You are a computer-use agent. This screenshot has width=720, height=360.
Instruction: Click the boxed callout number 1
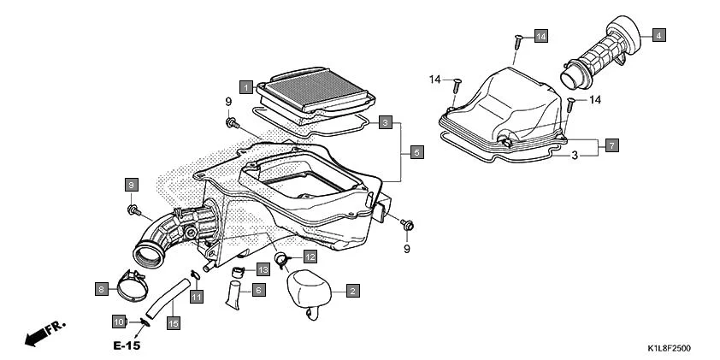(x=245, y=86)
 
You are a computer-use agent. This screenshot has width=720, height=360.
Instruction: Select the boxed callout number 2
(x=351, y=291)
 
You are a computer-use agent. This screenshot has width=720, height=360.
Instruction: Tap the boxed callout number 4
(x=659, y=35)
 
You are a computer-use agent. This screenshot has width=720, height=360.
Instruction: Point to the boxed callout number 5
(x=416, y=152)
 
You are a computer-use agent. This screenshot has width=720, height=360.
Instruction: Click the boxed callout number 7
(x=612, y=146)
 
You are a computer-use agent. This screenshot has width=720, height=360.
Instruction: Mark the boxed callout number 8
(x=101, y=289)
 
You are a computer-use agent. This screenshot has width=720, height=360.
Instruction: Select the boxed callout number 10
(x=119, y=322)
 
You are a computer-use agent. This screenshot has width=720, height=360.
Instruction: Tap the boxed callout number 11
(x=196, y=297)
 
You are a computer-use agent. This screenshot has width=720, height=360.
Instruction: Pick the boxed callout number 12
(x=309, y=257)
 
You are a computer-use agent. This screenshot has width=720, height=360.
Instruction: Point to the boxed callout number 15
(x=174, y=323)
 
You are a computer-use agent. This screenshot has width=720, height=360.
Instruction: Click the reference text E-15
(x=125, y=346)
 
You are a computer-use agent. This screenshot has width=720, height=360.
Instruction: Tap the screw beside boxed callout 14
(x=518, y=40)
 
